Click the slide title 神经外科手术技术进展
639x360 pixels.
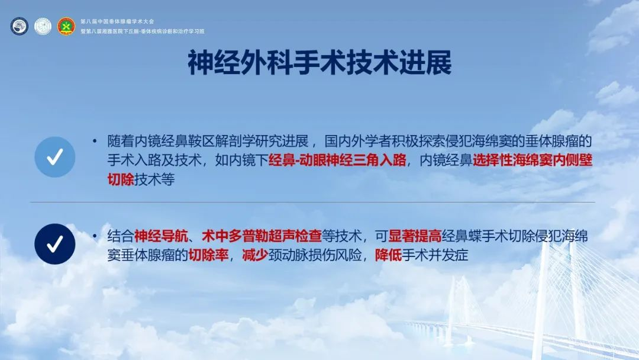[x=319, y=63]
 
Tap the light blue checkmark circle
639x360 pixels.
[x=55, y=157]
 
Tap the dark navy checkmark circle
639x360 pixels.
[x=55, y=244]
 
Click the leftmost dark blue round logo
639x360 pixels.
[x=19, y=26]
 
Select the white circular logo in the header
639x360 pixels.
[x=43, y=26]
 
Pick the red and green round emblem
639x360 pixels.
[x=66, y=26]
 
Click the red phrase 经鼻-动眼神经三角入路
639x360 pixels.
[x=337, y=160]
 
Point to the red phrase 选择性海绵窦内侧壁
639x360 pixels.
[x=532, y=160]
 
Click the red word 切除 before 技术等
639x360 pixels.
[x=121, y=179]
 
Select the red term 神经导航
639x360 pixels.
[x=161, y=236]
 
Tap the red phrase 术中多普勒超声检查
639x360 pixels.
[x=262, y=236]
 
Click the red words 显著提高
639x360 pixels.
[x=415, y=236]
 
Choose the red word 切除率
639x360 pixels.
[x=208, y=255]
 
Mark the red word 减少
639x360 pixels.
[x=255, y=255]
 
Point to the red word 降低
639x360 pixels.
[x=388, y=255]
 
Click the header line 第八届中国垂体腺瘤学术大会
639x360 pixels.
[x=117, y=21]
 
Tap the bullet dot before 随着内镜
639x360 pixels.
[x=95, y=142]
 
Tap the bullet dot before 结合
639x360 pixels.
[x=95, y=236]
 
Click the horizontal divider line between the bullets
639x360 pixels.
[x=312, y=202]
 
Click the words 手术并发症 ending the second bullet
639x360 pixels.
[x=435, y=255]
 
